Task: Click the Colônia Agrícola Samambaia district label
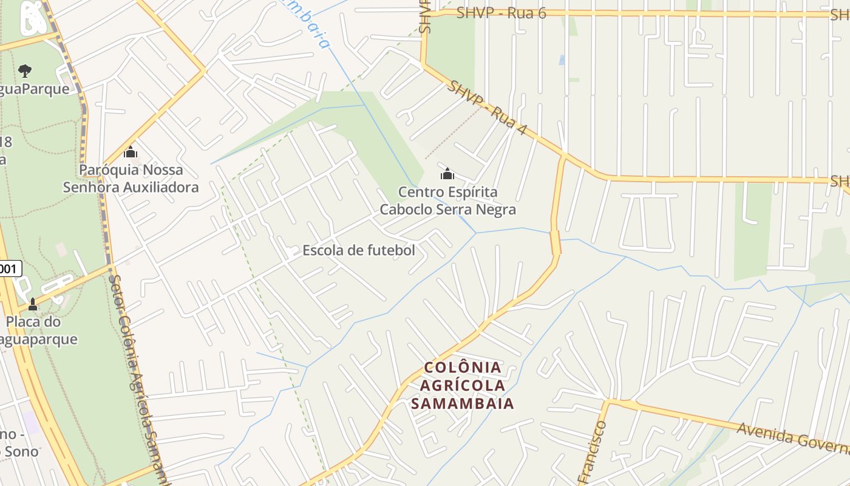click(x=463, y=385)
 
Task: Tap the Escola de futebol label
click(x=359, y=250)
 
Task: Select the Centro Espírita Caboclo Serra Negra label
click(x=448, y=201)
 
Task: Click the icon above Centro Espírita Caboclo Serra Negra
click(x=447, y=174)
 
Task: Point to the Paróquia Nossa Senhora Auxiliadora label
click(x=131, y=179)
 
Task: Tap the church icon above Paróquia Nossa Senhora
click(x=131, y=152)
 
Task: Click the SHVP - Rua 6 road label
click(x=501, y=13)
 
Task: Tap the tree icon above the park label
click(x=25, y=71)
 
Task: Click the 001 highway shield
click(x=10, y=269)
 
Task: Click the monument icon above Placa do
click(x=33, y=304)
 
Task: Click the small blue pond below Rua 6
click(x=562, y=60)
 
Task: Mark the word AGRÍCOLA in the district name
click(x=463, y=385)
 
